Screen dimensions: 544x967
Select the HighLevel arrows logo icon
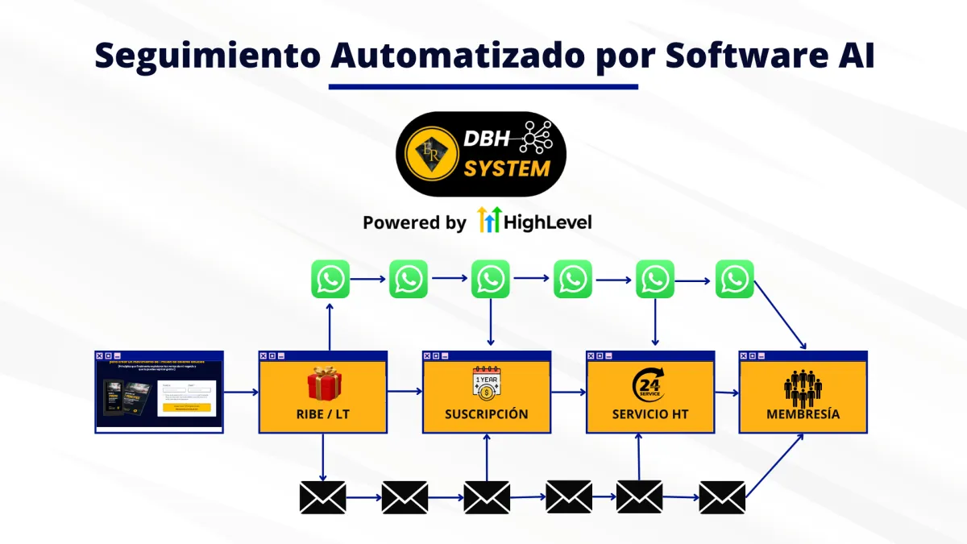tap(488, 220)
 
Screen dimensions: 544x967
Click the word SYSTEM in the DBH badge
tap(507, 169)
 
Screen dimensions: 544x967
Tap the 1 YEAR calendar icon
tap(487, 384)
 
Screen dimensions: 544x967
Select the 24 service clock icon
tap(649, 384)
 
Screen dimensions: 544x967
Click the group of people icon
tap(803, 388)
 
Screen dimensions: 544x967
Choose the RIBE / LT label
tap(323, 414)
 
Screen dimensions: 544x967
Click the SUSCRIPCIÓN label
tap(487, 414)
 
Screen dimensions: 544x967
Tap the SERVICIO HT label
tap(650, 414)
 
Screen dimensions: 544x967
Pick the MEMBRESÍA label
tap(803, 414)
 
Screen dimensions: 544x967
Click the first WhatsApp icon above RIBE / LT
tap(330, 280)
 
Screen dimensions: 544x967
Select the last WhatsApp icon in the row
tap(734, 280)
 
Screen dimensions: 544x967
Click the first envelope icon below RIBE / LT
tap(322, 497)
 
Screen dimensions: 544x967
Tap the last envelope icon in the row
tap(722, 497)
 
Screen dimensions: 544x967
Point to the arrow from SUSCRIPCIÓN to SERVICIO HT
tap(569, 392)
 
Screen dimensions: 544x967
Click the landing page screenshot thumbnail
tap(159, 392)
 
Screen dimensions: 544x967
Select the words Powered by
tap(414, 222)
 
